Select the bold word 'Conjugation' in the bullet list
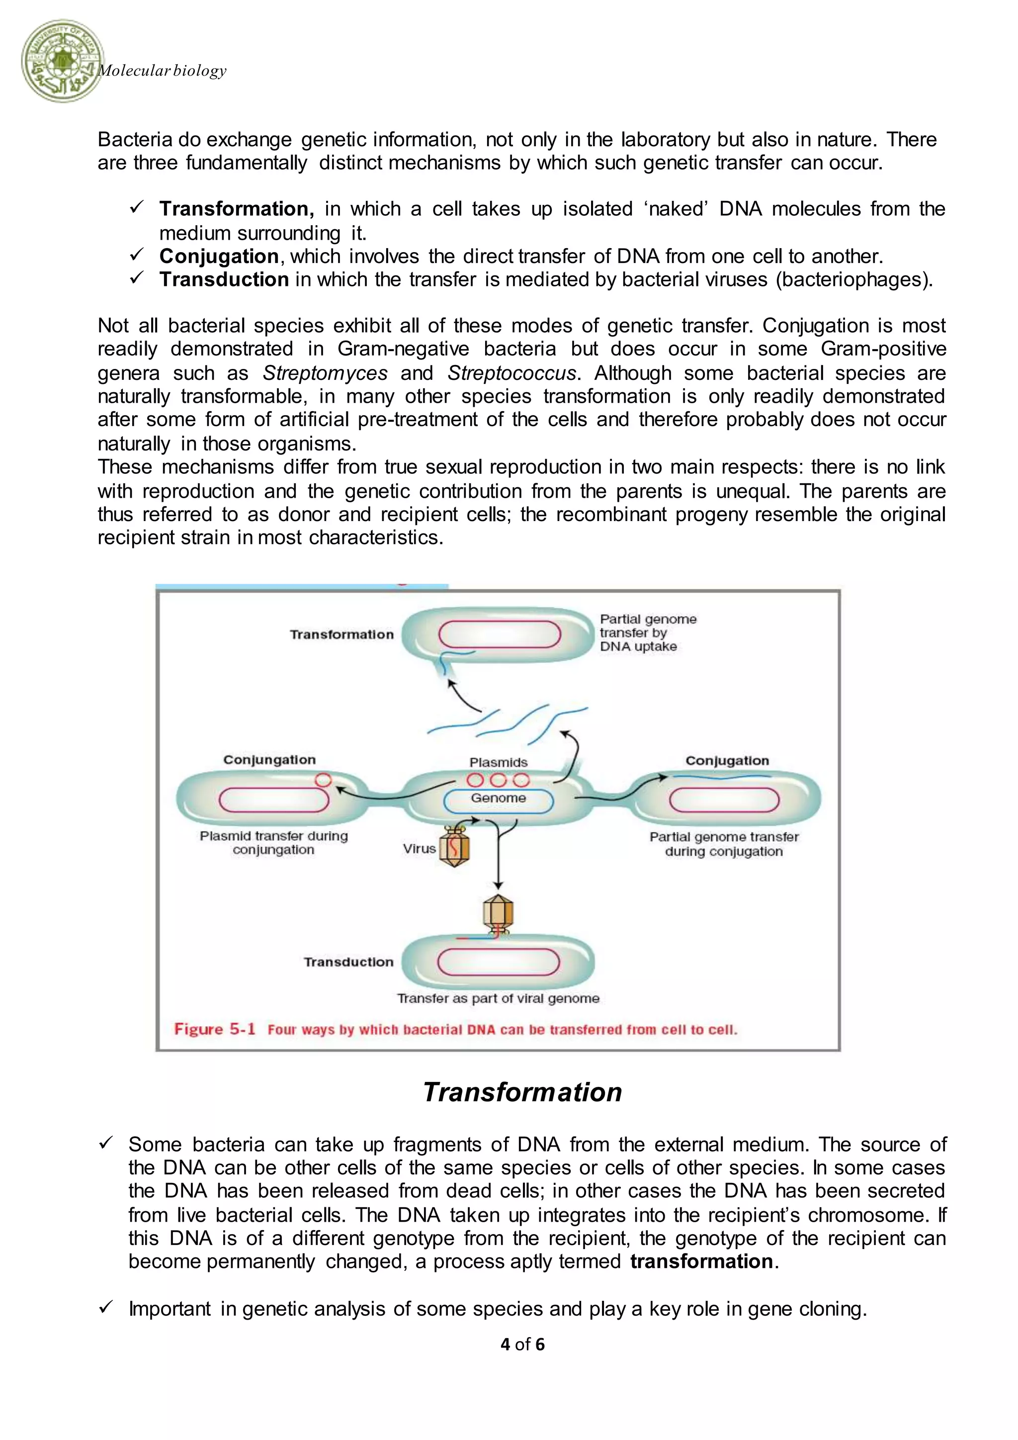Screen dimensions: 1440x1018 click(x=219, y=257)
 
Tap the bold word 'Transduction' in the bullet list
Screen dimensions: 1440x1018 click(x=224, y=280)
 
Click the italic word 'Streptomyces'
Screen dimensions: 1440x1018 click(x=325, y=373)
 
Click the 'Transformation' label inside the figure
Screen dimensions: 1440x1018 click(x=341, y=634)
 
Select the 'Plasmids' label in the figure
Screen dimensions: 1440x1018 click(x=499, y=763)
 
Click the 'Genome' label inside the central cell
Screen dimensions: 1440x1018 click(x=499, y=798)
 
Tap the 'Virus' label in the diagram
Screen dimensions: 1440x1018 click(x=419, y=849)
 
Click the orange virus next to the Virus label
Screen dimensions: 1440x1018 click(x=454, y=847)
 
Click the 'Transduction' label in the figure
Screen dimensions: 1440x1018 click(x=348, y=962)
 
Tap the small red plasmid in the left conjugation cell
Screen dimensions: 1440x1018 click(x=323, y=780)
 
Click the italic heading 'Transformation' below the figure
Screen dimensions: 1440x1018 click(x=522, y=1092)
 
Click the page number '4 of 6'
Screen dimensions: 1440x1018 click(x=522, y=1344)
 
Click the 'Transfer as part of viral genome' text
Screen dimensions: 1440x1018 click(x=499, y=998)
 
